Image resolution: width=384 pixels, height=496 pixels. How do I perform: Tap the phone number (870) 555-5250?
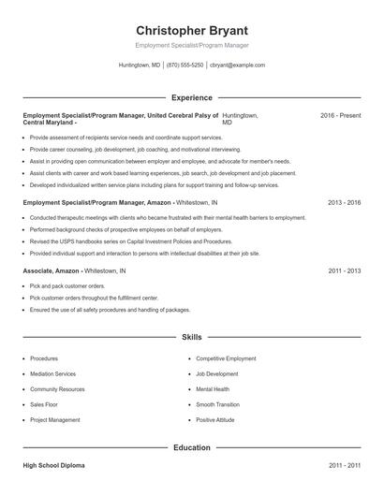point(185,66)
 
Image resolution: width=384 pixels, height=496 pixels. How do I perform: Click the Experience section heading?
point(192,97)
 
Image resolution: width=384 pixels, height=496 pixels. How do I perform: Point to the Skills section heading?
point(192,336)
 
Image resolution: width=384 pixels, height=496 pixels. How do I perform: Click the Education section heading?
point(192,447)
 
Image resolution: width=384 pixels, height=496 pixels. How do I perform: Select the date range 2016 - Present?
point(340,115)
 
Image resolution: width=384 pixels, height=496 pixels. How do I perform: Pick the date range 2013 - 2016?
point(344,202)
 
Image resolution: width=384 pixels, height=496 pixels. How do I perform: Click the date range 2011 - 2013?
point(344,270)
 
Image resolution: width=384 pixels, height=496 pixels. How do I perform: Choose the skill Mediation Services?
point(53,373)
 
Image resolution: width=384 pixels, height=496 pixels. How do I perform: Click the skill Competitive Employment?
point(226,358)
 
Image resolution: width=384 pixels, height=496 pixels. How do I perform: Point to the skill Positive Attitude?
point(215,420)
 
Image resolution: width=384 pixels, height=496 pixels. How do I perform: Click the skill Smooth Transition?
point(218,404)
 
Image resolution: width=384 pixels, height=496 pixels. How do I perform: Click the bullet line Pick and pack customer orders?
point(67,285)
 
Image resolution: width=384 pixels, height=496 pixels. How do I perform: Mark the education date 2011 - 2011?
point(344,465)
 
